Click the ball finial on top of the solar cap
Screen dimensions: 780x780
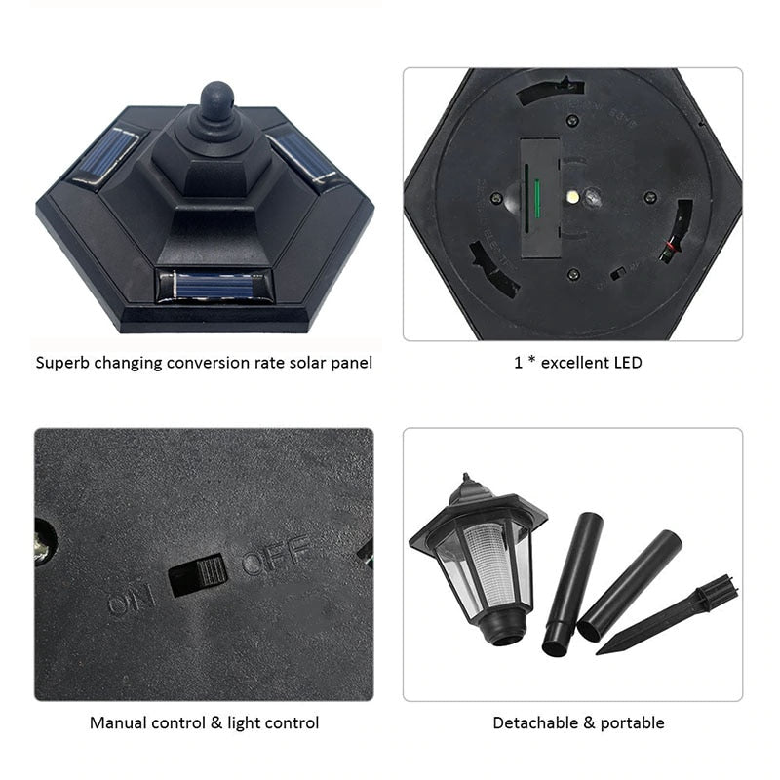(217, 100)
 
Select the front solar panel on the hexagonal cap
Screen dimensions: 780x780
(212, 285)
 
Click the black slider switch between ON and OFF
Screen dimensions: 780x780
(198, 574)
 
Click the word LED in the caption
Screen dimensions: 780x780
(626, 363)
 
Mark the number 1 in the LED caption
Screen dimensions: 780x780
(518, 363)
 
